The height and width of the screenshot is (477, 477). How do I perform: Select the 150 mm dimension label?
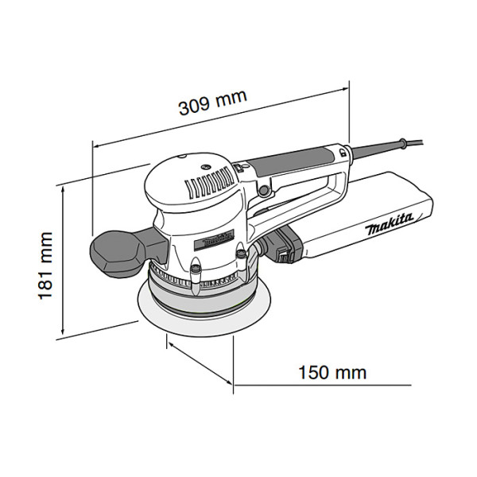pyautogui.click(x=332, y=371)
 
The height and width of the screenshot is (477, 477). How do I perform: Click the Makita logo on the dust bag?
pyautogui.click(x=390, y=225)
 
